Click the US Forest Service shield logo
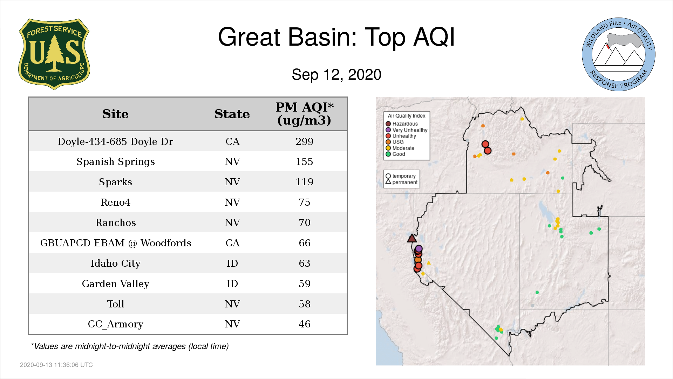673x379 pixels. click(x=54, y=54)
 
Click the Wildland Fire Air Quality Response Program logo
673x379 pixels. click(x=618, y=54)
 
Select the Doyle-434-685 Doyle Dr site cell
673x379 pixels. click(x=116, y=141)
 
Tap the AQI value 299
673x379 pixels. click(x=304, y=141)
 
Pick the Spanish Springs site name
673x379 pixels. click(x=116, y=162)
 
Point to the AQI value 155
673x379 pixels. click(x=304, y=161)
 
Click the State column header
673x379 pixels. click(x=232, y=114)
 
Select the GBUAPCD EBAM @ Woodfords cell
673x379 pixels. click(x=116, y=243)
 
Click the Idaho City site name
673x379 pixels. click(x=116, y=264)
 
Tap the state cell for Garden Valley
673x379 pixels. click(x=232, y=284)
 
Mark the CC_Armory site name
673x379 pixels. click(x=116, y=324)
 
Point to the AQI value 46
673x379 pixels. click(x=304, y=324)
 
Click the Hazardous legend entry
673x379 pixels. click(x=402, y=124)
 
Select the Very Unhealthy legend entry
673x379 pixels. click(x=407, y=130)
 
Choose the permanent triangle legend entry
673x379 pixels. click(x=402, y=182)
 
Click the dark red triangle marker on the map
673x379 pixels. click(x=412, y=239)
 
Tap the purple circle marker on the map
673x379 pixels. click(x=419, y=249)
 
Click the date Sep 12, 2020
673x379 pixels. click(x=336, y=75)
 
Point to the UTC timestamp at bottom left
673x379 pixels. click(x=56, y=365)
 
